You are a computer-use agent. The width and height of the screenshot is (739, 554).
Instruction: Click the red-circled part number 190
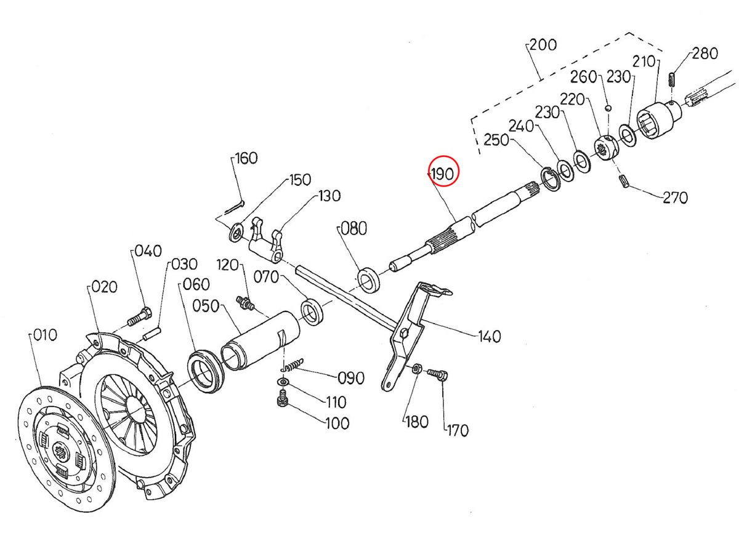pos(444,174)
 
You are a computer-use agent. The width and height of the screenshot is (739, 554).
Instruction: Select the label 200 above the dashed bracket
pos(543,45)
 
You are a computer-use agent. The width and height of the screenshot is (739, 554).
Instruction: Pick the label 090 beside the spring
pos(350,377)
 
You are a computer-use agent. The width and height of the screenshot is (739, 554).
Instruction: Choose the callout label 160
pos(246,159)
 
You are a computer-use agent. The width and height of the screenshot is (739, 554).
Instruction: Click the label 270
pos(675,198)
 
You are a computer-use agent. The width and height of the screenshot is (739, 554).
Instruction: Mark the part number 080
pos(353,229)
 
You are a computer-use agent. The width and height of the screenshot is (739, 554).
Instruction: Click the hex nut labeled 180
pos(416,369)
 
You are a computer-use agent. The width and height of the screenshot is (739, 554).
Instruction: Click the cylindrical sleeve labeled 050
pos(259,343)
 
